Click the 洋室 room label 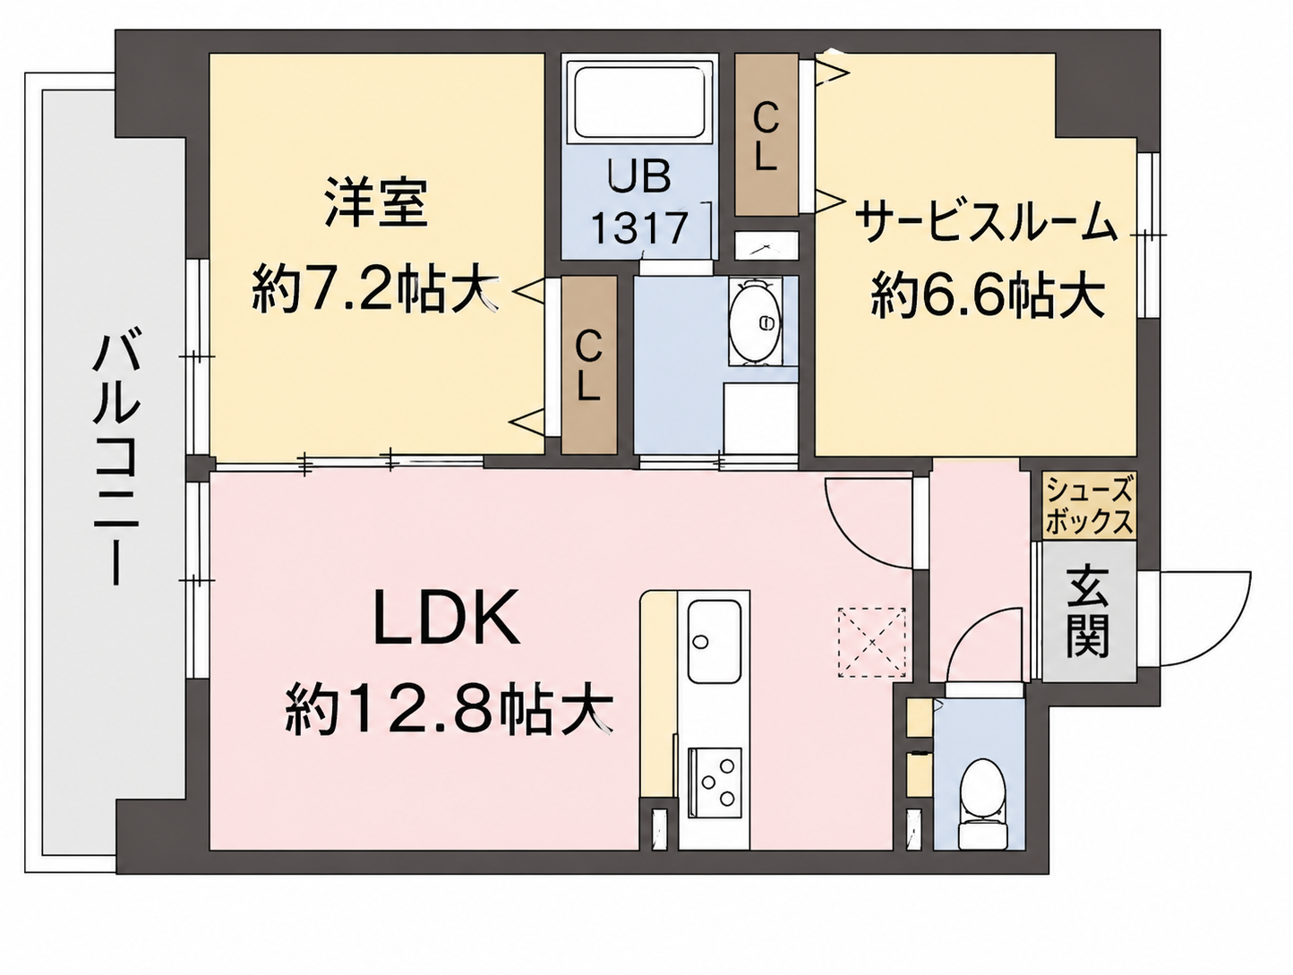point(376,202)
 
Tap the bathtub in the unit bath point(639,104)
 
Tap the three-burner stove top point(715,783)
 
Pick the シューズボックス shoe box point(1089,505)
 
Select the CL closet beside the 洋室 point(589,365)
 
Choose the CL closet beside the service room point(766,135)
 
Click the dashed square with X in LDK point(872,642)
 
